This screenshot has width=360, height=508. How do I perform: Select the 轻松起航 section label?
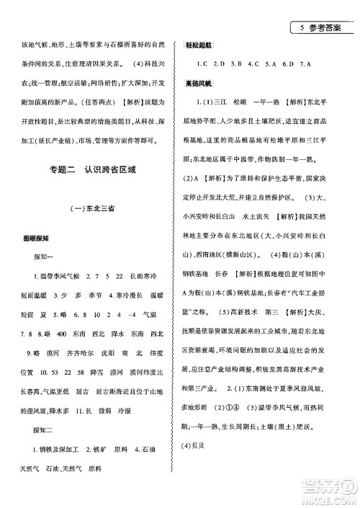[x=199, y=45]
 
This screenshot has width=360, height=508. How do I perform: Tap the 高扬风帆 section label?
[x=199, y=83]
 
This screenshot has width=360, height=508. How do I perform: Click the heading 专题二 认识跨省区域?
[x=89, y=170]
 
